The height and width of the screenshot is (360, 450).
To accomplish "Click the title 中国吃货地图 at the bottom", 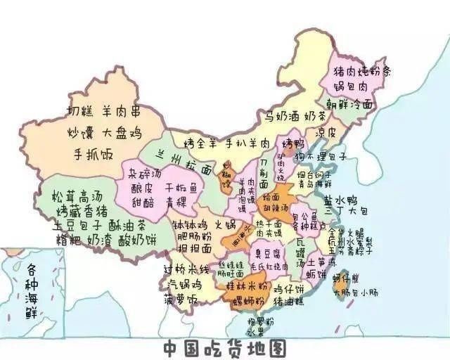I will (225, 348).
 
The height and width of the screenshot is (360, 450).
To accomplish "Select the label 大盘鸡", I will (123, 132).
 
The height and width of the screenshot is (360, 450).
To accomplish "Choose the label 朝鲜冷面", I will (350, 104).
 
